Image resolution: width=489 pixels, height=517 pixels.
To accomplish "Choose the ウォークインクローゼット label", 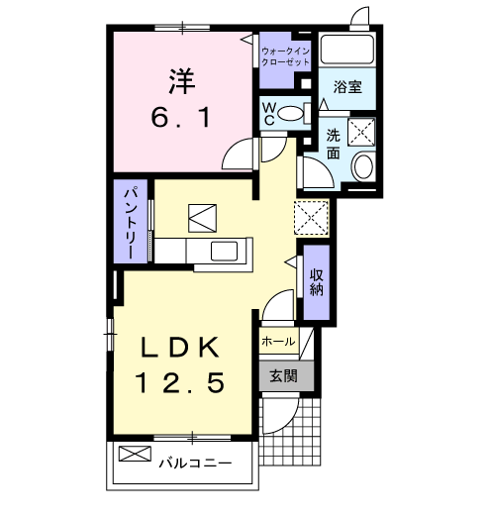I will pyautogui.click(x=285, y=54).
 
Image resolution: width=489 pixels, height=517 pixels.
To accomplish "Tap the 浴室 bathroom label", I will pyautogui.click(x=346, y=87).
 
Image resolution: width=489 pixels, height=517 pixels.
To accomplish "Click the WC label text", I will pyautogui.click(x=267, y=114).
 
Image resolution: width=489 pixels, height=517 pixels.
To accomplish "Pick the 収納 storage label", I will pyautogui.click(x=317, y=281).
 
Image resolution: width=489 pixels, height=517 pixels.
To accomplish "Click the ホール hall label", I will pyautogui.click(x=278, y=342).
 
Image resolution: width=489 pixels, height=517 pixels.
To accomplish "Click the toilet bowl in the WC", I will pyautogui.click(x=292, y=114).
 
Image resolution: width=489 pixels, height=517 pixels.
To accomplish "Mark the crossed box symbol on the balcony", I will pyautogui.click(x=133, y=456).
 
